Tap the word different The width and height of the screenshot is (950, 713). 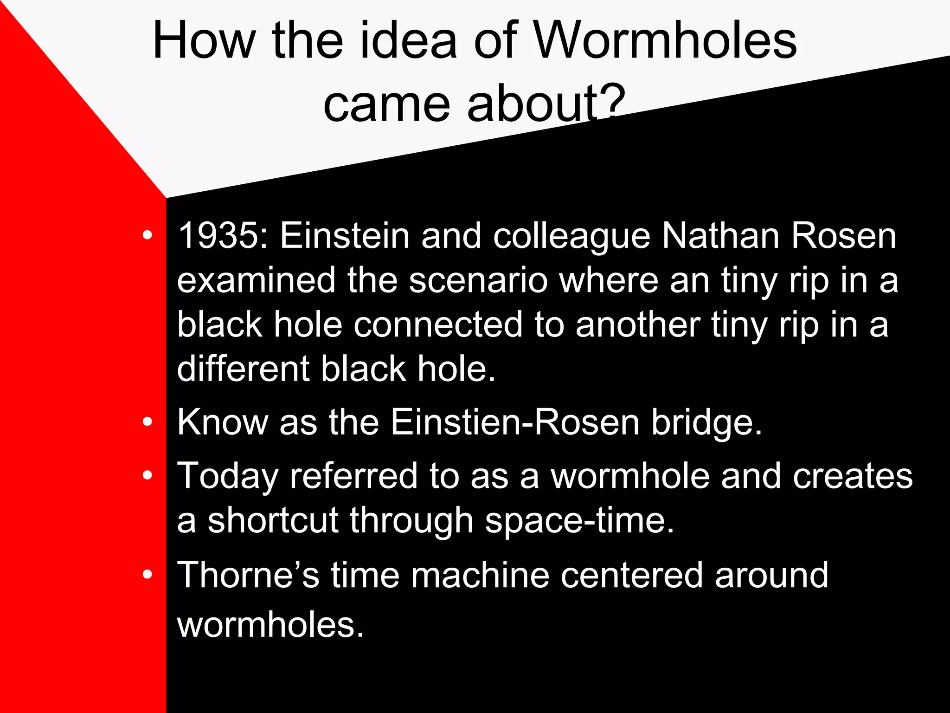click(x=243, y=369)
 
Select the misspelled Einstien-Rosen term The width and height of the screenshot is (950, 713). click(x=515, y=422)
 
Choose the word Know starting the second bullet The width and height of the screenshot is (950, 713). click(x=223, y=422)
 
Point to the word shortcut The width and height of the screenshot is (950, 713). click(x=273, y=520)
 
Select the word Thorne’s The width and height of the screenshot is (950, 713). click(x=248, y=575)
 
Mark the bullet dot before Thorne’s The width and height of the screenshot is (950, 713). click(x=148, y=575)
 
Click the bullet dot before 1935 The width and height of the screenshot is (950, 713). click(x=148, y=235)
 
